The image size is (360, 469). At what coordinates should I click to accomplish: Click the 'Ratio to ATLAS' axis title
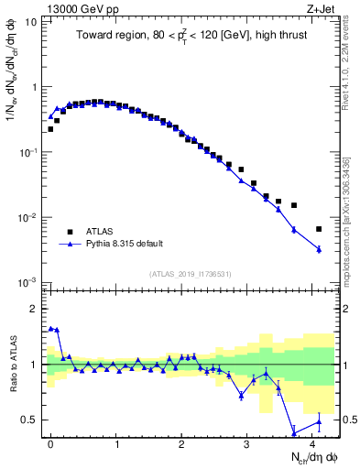(x=13, y=364)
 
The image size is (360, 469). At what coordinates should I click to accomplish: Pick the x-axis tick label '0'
(x=50, y=443)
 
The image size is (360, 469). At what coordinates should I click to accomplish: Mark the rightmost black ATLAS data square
(x=319, y=229)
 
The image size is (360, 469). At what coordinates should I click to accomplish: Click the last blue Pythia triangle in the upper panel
(x=319, y=249)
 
